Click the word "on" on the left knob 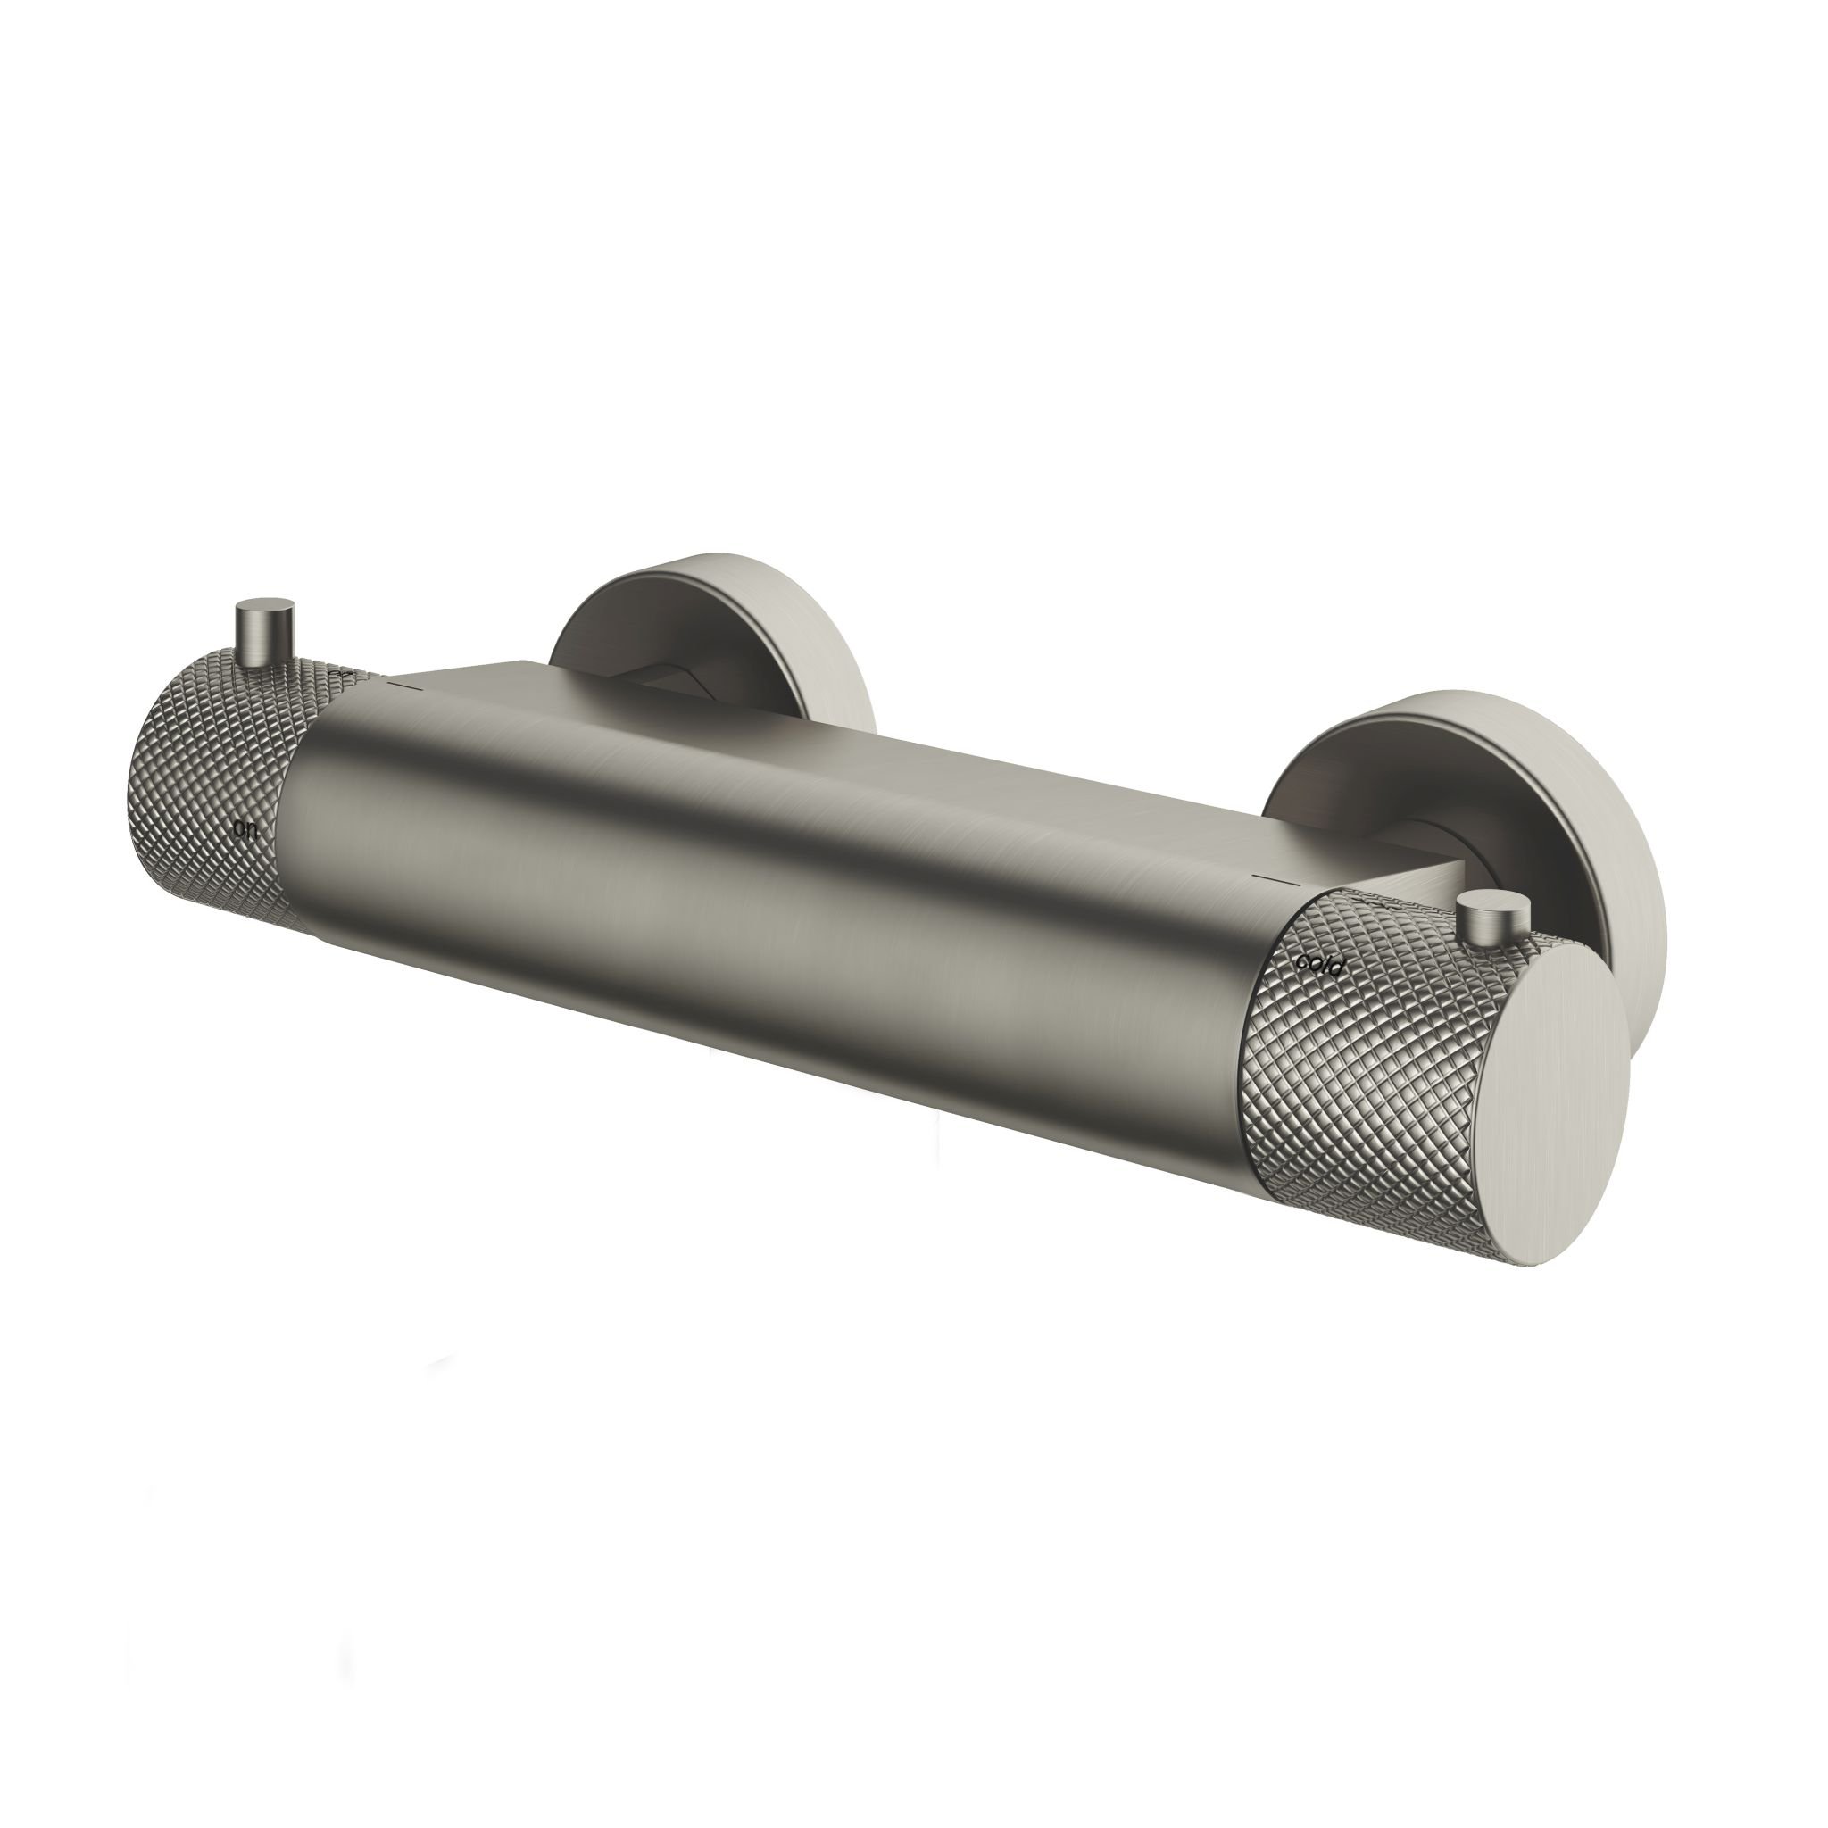coord(245,803)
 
